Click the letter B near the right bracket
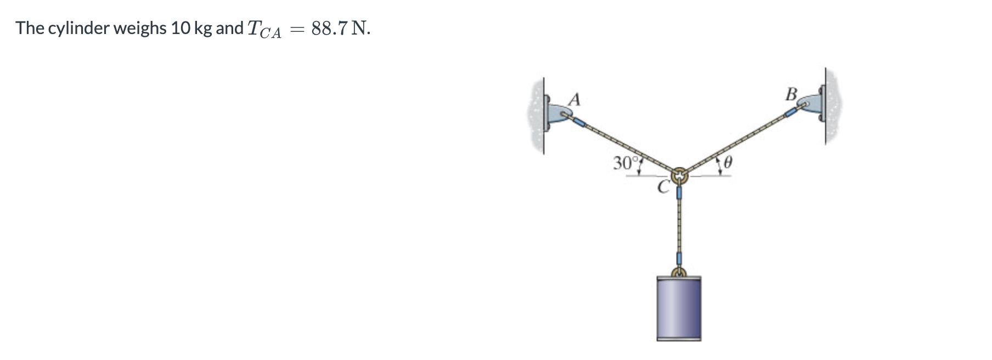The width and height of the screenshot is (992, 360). click(x=791, y=94)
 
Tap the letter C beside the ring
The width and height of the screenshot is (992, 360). click(x=663, y=188)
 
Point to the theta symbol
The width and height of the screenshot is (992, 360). click(x=728, y=163)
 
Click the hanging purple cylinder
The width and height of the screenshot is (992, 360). click(x=679, y=308)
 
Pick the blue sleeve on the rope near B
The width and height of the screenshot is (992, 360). click(x=790, y=113)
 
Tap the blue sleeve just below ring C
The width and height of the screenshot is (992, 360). click(x=679, y=193)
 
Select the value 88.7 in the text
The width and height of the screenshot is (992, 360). click(x=329, y=28)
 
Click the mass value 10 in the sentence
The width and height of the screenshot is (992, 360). click(x=180, y=28)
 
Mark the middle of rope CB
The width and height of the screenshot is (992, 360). click(x=735, y=143)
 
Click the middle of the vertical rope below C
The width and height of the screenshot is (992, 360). click(x=679, y=225)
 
